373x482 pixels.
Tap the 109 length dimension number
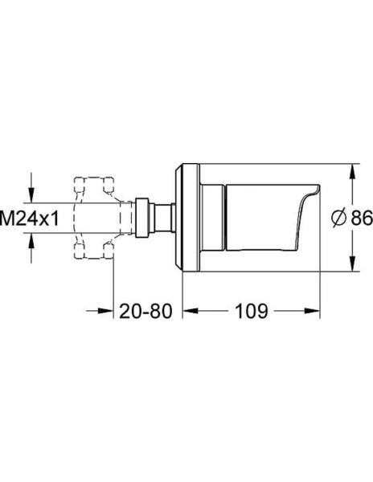click(x=252, y=310)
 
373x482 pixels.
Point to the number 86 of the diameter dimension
click(x=360, y=217)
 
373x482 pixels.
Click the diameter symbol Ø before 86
click(x=338, y=217)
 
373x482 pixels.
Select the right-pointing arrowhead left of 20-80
click(x=105, y=309)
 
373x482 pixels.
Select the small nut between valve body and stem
click(x=142, y=217)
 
